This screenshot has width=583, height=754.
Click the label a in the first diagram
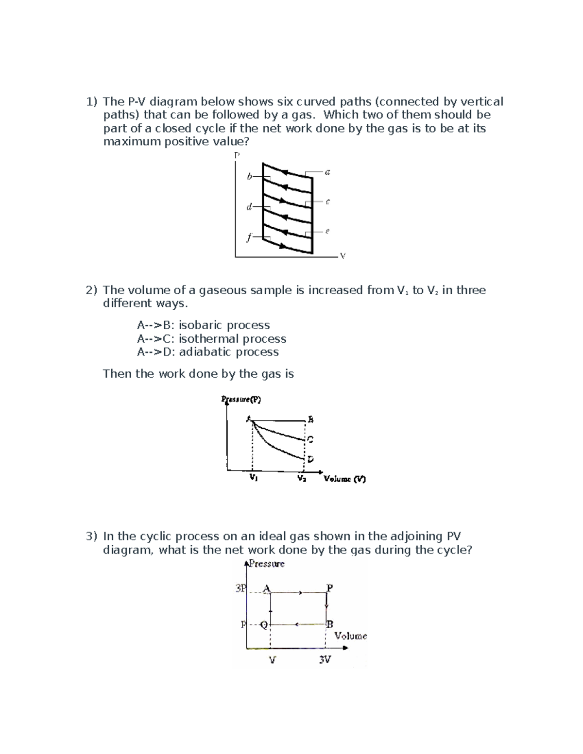pos(327,172)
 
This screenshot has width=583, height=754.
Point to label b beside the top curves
pos(249,177)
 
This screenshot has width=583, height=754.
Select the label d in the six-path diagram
pos(249,207)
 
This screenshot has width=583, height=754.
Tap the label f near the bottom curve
pos(249,237)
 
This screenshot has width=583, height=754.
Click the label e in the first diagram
pos(327,232)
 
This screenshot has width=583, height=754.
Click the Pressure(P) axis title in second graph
pos(241,400)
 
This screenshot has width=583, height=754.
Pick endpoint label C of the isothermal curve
pos(310,439)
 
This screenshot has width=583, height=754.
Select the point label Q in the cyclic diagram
pos(264,624)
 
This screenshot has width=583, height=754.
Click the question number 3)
pos(92,536)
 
